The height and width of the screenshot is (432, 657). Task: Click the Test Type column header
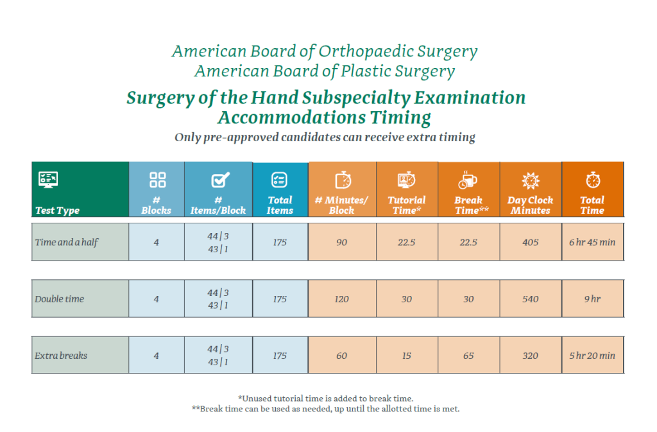58,211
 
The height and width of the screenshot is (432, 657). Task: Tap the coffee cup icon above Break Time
468,180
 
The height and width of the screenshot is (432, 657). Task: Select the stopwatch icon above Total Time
592,180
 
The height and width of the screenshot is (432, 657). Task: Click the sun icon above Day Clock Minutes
531,180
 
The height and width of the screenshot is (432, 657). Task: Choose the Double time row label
60,299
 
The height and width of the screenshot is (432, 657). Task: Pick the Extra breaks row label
61,356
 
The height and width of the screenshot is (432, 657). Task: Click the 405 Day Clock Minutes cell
531,243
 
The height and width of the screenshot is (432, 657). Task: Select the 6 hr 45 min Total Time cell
592,243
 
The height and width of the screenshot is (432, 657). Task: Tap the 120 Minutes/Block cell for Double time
341,299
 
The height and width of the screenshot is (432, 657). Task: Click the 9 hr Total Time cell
592,299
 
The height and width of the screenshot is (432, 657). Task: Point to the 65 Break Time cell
468,356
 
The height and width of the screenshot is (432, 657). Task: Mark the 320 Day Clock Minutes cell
531,356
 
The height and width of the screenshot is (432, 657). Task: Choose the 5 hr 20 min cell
592,356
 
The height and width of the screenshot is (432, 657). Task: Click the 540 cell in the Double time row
531,299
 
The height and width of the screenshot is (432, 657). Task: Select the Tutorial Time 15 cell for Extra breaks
407,356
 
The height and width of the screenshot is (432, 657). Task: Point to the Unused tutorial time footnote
329,399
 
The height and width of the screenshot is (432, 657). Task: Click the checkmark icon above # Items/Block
218,180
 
